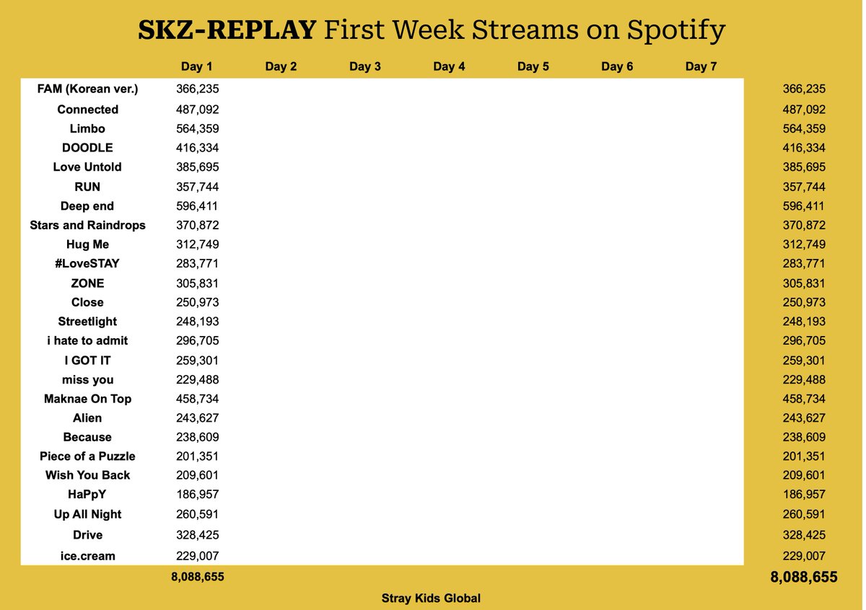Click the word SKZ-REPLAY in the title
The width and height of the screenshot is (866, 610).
(227, 30)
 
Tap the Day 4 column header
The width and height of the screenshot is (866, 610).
(449, 67)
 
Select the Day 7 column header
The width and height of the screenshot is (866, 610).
(701, 67)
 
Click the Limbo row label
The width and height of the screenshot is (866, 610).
(87, 129)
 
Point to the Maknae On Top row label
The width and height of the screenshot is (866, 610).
(87, 399)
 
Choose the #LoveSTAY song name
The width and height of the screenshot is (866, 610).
(87, 264)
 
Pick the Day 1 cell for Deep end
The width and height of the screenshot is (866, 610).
(197, 206)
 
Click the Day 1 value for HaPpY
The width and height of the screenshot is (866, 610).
(197, 495)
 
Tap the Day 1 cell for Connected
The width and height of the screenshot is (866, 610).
(197, 110)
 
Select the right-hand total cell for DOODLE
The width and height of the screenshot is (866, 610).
(803, 148)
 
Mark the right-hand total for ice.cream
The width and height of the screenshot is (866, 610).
(803, 556)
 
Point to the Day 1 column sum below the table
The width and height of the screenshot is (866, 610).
(197, 578)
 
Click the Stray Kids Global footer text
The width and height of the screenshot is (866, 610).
(431, 598)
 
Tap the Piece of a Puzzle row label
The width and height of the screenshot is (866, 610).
(87, 456)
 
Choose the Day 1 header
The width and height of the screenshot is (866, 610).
(196, 67)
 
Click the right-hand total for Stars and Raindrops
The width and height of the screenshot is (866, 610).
(803, 225)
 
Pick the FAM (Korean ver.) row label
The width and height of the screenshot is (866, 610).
(87, 89)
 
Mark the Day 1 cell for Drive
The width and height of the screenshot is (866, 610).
(197, 535)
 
